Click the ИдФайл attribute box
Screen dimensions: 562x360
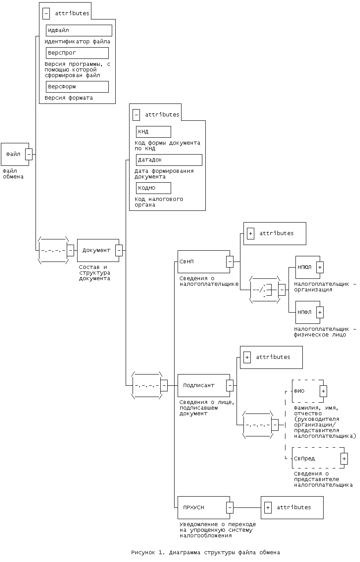click(78, 30)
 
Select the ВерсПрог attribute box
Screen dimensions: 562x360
click(77, 53)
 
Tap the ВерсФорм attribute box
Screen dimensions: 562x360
click(77, 87)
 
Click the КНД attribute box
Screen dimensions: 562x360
click(153, 132)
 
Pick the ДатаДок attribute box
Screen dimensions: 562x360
click(169, 160)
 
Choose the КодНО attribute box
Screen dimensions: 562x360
click(153, 188)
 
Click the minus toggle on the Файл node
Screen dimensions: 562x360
click(29, 154)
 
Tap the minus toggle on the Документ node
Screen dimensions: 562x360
click(119, 250)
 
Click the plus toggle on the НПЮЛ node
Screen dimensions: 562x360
click(320, 267)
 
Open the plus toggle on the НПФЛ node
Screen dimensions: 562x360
click(320, 312)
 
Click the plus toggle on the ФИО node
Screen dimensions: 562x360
click(323, 391)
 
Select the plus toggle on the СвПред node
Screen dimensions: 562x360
click(344, 459)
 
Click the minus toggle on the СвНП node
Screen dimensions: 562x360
click(230, 262)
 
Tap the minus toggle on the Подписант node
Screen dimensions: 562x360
click(230, 385)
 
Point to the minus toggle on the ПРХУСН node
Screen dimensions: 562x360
click(230, 507)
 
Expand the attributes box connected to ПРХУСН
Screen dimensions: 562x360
click(268, 507)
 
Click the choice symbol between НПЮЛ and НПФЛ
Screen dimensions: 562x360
click(265, 290)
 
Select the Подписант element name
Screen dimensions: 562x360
click(198, 385)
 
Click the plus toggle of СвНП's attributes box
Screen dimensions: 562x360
click(250, 233)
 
